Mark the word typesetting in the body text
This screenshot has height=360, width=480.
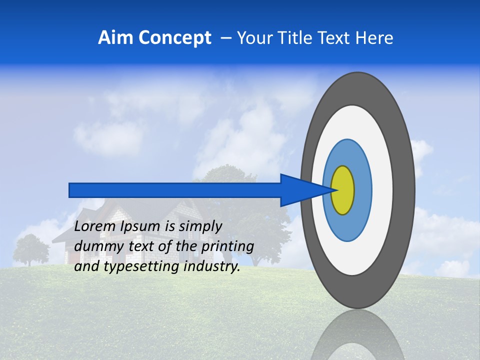pos(142,267)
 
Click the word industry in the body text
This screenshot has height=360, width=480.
pos(212,266)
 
